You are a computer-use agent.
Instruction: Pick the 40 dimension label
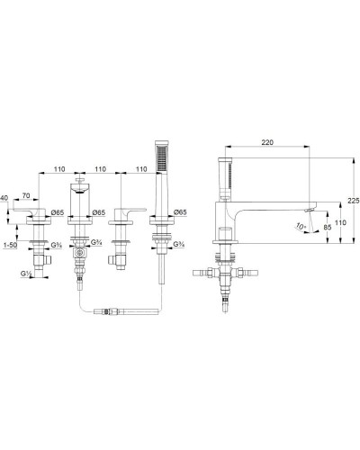pyautogui.click(x=6, y=200)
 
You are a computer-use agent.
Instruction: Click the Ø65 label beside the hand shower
pyautogui.click(x=179, y=212)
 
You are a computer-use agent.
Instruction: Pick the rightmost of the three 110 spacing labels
pyautogui.click(x=141, y=168)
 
